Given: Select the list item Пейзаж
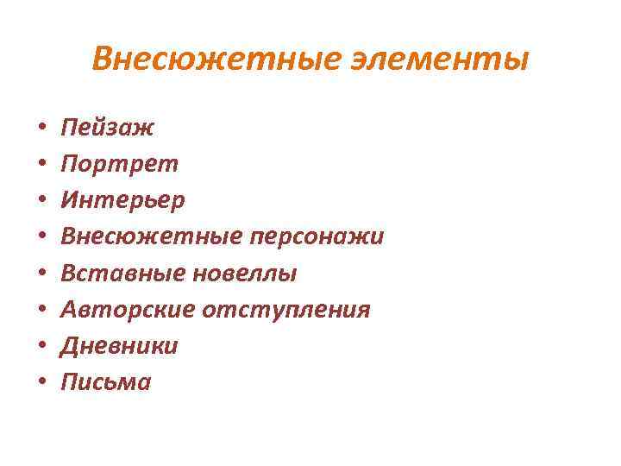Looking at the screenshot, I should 107,128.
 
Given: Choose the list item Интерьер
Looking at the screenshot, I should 122,200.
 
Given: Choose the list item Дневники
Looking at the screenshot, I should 119,346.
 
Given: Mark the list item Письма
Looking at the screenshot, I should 105,382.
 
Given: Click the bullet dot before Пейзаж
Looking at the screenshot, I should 41,129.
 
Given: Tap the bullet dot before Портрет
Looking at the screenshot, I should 41,166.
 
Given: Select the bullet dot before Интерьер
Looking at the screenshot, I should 41,202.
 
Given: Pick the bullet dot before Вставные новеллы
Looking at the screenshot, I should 41,274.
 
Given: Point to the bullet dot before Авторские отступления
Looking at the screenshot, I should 41,311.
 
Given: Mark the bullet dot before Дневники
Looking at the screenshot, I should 41,347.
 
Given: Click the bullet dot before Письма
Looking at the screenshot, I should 41,383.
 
